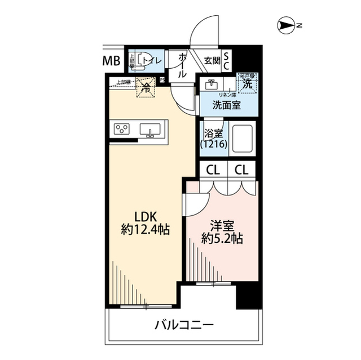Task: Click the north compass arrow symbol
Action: click(x=288, y=25)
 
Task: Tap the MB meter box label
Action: click(x=111, y=61)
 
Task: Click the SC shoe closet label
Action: click(x=227, y=60)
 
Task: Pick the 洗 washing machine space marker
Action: click(x=246, y=83)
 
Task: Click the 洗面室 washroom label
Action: click(x=224, y=104)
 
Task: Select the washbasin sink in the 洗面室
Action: click(x=212, y=86)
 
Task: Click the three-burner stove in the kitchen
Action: click(x=122, y=129)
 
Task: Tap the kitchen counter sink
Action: click(x=150, y=130)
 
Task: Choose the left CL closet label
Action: click(x=213, y=169)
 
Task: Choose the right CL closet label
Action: click(x=242, y=169)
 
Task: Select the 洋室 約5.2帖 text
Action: click(x=222, y=231)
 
